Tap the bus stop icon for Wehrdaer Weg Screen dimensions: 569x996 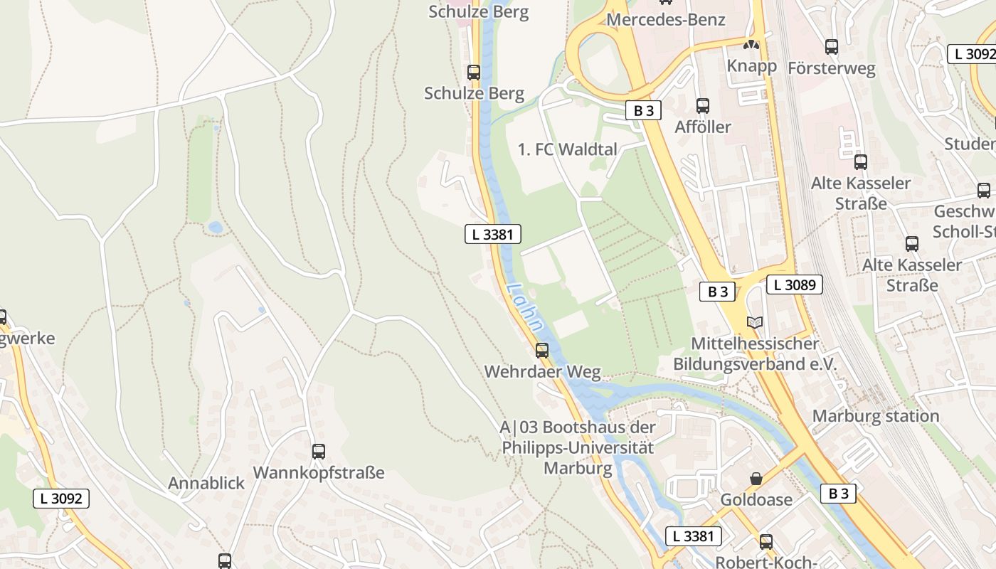(x=542, y=350)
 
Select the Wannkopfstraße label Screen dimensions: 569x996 (x=319, y=472)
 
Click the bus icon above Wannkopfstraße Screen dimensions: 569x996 (x=319, y=451)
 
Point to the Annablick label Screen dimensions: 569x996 (x=206, y=483)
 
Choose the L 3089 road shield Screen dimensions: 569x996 (x=794, y=285)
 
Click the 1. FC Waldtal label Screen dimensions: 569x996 (x=568, y=149)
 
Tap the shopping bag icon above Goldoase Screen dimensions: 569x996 (x=756, y=479)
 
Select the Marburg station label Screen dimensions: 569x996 (x=876, y=415)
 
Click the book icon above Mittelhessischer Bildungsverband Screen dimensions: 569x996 (x=754, y=322)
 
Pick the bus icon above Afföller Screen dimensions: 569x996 (x=703, y=106)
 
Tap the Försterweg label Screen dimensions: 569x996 (x=831, y=68)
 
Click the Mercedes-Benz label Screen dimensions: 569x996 (x=665, y=19)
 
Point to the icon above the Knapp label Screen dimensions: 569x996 (x=751, y=45)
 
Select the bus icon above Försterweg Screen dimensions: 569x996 (x=832, y=47)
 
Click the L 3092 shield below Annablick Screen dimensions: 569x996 (x=61, y=499)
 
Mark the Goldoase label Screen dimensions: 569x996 (x=756, y=499)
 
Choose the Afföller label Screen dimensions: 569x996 (x=703, y=127)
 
